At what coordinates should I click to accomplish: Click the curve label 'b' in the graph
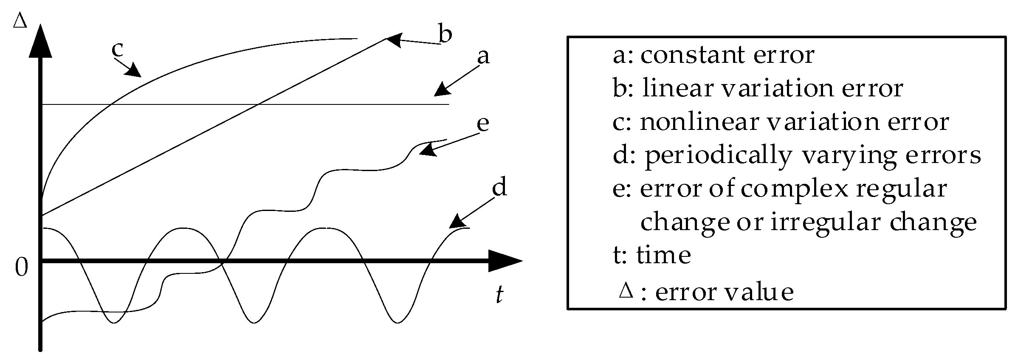point(445,34)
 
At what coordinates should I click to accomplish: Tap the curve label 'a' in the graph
point(483,56)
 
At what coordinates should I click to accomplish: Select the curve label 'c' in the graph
point(117,49)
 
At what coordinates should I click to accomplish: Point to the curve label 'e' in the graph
point(483,124)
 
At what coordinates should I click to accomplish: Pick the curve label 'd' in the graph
point(499,187)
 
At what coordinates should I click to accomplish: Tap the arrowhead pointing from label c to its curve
point(134,70)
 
